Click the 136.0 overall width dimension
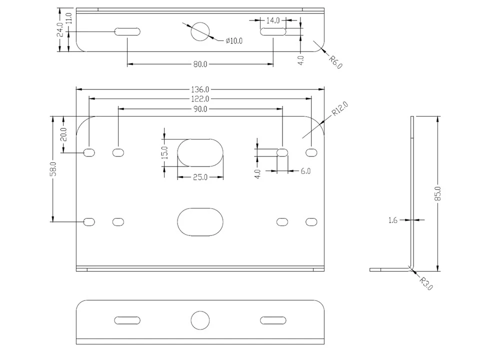[x=200, y=89]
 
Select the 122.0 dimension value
[x=200, y=99]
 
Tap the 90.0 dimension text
[x=200, y=109]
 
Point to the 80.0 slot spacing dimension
[x=200, y=64]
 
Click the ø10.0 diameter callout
[x=234, y=40]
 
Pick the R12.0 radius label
[x=340, y=108]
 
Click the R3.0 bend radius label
[x=426, y=283]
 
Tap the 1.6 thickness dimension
[x=393, y=220]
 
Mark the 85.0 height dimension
[x=438, y=194]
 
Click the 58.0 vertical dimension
[x=53, y=169]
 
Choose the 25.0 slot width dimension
[x=200, y=177]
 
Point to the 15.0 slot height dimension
[x=164, y=152]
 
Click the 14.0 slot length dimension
[x=273, y=20]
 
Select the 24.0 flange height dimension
[x=60, y=29]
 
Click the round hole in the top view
[x=200, y=31]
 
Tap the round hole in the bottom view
[x=200, y=320]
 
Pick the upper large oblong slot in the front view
[x=200, y=153]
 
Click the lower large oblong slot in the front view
[x=200, y=222]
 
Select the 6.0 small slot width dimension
[x=305, y=171]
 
